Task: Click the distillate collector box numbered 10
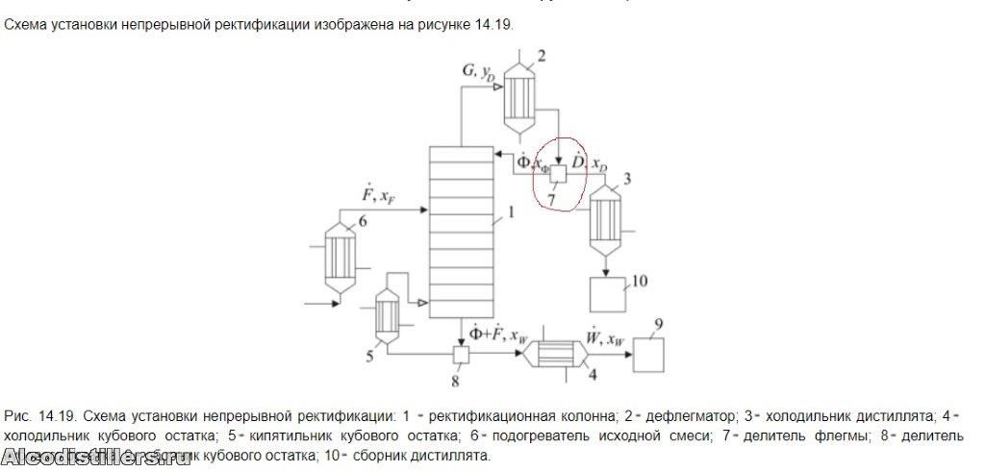point(608,291)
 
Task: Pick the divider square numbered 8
point(460,355)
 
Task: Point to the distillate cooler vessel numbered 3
point(606,220)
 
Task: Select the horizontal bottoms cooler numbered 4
point(559,355)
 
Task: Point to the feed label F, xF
point(370,196)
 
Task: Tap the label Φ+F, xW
point(498,335)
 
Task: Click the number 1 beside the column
point(511,213)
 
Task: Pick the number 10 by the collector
point(640,281)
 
